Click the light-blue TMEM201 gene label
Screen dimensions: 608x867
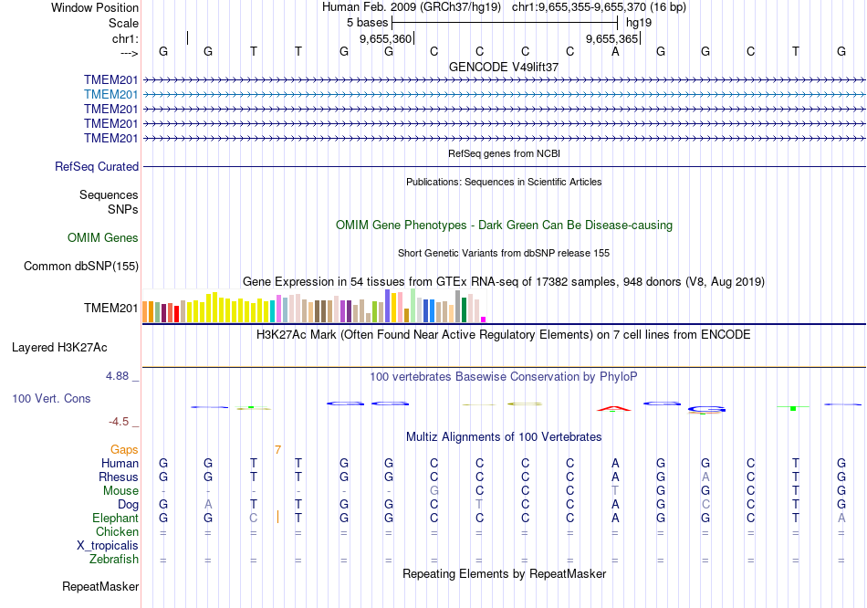pos(110,94)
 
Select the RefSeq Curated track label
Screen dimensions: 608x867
pos(97,167)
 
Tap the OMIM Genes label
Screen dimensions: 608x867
pos(103,238)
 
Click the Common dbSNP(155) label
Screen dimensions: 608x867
pos(81,267)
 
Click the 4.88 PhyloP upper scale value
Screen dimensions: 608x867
pos(120,376)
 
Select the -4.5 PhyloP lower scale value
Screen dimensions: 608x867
pos(120,422)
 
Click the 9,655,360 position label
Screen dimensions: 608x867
pos(386,39)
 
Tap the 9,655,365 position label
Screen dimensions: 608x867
pos(611,39)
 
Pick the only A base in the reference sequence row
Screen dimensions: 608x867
pos(615,51)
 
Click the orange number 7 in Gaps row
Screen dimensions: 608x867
pos(277,449)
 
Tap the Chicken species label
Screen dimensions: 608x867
pos(117,532)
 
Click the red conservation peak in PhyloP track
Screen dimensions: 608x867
pos(613,407)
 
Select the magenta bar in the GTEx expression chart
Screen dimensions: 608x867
pos(483,319)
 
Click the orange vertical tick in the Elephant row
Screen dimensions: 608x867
pos(277,518)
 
